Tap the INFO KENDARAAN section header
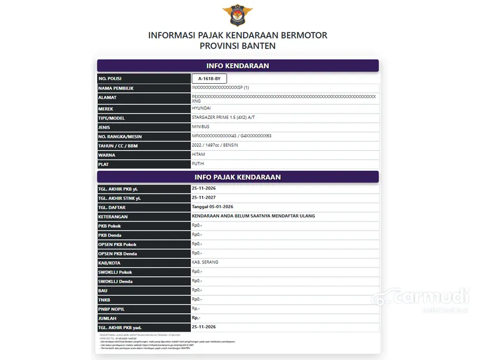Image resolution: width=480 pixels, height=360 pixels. (238, 66)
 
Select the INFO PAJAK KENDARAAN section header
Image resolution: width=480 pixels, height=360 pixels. (238, 177)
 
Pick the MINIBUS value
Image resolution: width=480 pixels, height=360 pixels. (200, 127)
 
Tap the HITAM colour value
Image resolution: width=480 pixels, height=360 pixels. (198, 155)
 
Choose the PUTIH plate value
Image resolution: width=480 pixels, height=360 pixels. (198, 164)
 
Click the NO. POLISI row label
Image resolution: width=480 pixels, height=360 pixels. (110, 79)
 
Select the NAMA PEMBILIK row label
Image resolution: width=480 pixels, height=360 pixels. (116, 88)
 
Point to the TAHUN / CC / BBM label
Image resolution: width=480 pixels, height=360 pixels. (118, 146)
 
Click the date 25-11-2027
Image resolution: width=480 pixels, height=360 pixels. (204, 198)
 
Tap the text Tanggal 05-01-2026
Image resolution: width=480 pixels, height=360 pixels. (213, 207)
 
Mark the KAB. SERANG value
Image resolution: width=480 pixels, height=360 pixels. (205, 262)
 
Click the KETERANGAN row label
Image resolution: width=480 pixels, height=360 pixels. (113, 217)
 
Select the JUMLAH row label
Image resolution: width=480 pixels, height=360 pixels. (108, 318)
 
